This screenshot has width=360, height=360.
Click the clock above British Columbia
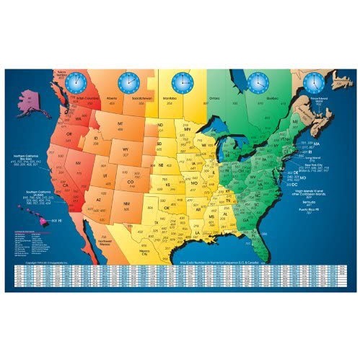(x=74, y=83)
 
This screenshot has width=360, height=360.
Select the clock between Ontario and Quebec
(x=258, y=82)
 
